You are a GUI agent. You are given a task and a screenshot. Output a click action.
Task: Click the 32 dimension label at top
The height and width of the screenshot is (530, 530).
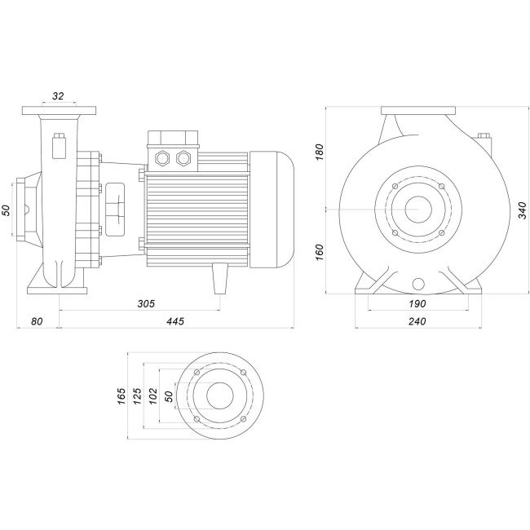click(58, 96)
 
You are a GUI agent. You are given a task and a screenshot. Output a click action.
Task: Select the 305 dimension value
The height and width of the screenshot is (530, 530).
click(146, 303)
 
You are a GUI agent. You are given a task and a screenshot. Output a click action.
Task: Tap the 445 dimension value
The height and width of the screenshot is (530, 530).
click(175, 321)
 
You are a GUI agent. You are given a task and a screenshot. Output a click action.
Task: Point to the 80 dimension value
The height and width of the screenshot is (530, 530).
click(37, 321)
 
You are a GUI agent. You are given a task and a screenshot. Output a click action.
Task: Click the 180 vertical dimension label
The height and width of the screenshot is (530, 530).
click(319, 152)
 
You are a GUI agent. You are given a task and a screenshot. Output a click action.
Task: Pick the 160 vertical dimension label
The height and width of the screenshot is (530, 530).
click(319, 252)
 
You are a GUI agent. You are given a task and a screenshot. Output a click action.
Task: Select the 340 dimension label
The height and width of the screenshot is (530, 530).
click(523, 210)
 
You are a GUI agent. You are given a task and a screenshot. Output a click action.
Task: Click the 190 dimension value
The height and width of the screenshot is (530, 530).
click(417, 303)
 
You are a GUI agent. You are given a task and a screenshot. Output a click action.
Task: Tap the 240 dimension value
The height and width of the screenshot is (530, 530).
click(417, 321)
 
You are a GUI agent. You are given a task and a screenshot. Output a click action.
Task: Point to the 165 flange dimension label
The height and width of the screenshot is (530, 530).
click(121, 395)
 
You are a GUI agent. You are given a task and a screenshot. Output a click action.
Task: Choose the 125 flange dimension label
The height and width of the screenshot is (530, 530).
click(137, 395)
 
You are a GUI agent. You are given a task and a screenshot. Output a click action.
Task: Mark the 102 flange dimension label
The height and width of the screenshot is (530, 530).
click(153, 395)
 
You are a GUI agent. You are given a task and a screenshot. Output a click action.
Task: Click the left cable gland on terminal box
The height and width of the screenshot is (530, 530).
click(162, 158)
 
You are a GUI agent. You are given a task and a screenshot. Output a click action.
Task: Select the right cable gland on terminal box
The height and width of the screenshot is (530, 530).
click(183, 158)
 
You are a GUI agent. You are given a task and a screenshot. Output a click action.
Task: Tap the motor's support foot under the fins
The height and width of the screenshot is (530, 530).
click(219, 278)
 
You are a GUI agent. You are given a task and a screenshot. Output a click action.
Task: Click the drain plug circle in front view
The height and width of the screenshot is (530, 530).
click(418, 285)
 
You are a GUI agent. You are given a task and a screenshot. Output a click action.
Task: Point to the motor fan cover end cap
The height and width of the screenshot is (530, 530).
click(272, 210)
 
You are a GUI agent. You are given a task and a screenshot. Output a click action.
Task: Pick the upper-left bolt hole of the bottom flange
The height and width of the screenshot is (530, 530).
click(197, 372)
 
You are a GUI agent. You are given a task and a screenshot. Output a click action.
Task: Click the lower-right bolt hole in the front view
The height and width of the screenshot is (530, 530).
click(441, 233)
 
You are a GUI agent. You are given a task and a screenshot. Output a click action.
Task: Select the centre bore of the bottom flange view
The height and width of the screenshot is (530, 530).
click(220, 395)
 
